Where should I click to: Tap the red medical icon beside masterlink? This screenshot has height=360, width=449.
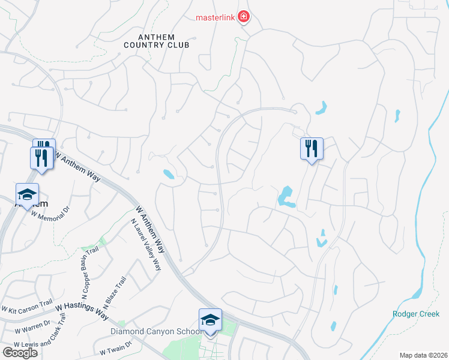point(243,17)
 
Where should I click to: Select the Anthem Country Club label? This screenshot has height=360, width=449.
point(156,41)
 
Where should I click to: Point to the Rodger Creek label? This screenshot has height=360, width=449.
point(416,314)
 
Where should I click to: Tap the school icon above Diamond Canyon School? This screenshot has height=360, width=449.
point(210,320)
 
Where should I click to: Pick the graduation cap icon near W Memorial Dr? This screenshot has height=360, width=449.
point(27,194)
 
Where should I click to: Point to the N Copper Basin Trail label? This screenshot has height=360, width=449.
point(86,271)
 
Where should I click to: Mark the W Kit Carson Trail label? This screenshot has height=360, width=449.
point(28,308)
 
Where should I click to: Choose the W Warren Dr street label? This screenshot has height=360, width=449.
point(32,328)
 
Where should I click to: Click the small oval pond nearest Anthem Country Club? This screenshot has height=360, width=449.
point(169,175)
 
